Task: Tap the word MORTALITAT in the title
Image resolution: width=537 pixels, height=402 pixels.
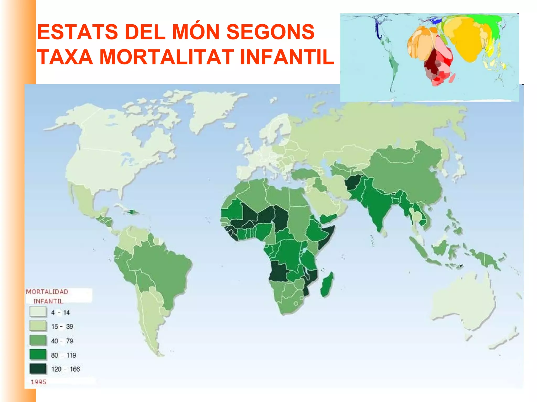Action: tap(167, 57)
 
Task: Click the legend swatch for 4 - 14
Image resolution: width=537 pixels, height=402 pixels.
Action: tap(38, 312)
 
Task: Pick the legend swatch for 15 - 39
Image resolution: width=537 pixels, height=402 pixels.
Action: tap(38, 326)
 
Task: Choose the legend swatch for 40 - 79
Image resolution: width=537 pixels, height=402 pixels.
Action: tap(38, 340)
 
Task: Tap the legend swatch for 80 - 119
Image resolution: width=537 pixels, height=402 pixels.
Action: tap(38, 355)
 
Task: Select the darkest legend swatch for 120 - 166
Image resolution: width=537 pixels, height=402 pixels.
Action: tap(38, 369)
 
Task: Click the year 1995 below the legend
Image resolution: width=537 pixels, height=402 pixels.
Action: tap(39, 382)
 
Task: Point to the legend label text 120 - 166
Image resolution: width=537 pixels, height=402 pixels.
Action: tap(66, 369)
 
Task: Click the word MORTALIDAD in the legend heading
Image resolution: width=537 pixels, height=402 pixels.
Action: tap(47, 292)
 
